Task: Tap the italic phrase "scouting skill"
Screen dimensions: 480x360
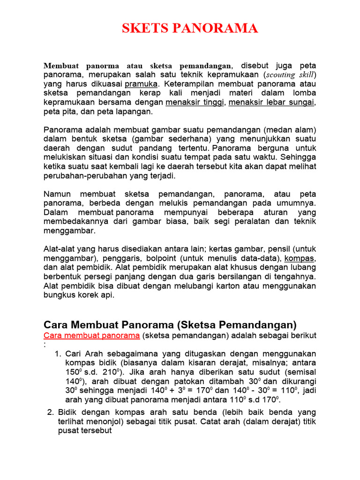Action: point(291,75)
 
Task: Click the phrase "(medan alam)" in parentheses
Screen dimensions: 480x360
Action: point(292,130)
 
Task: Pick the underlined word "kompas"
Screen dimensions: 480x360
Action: point(300,258)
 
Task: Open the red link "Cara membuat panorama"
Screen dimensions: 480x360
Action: point(91,336)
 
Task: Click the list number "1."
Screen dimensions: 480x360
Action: point(59,354)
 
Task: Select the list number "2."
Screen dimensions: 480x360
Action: point(51,412)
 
